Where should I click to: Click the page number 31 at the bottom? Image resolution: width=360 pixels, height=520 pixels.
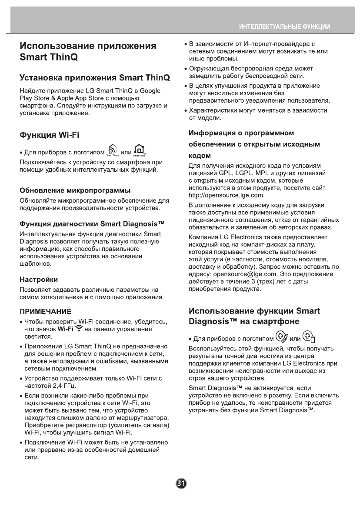pos(180,484)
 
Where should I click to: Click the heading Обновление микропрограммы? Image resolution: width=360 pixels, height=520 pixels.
pos(76,190)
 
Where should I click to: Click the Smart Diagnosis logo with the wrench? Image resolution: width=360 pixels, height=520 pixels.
pos(282,337)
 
